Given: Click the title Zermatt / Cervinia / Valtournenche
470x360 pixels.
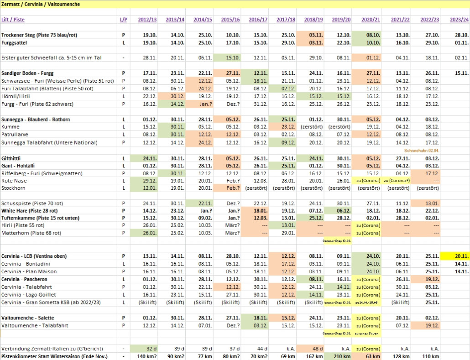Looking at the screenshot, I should click(x=41, y=4).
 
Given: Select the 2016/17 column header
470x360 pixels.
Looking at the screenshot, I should click(x=257, y=20).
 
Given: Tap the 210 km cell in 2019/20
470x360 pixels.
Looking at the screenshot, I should click(x=340, y=356).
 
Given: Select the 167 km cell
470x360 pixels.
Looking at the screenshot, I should click(x=313, y=356).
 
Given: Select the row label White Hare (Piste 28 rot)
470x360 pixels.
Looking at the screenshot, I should click(x=29, y=210).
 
